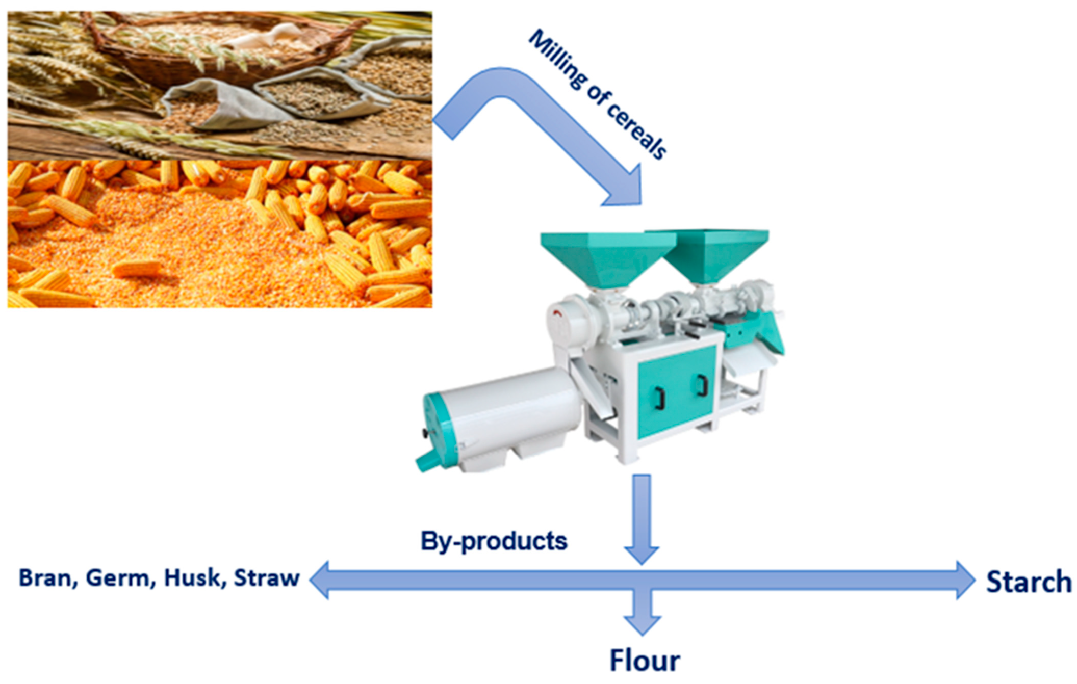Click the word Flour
point(645,661)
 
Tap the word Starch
point(1029,582)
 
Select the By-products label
point(494,541)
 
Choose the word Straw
point(266,578)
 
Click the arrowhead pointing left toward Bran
point(320,580)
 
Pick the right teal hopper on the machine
point(716,255)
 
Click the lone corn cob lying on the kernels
point(138,269)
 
